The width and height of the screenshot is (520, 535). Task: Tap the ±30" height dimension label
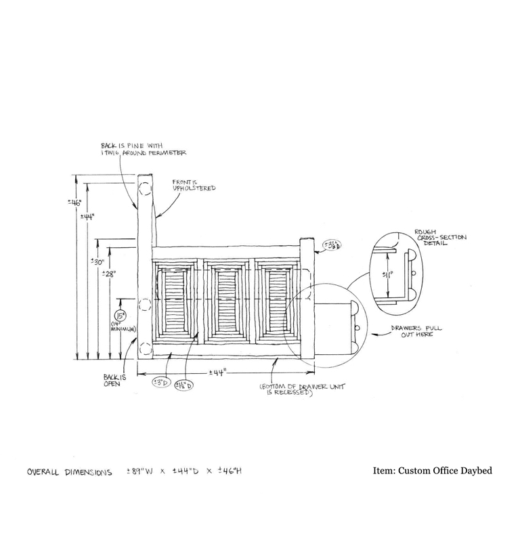point(97,263)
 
